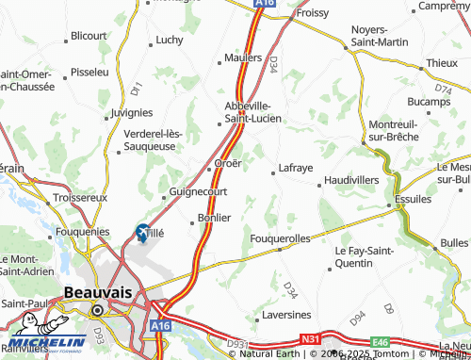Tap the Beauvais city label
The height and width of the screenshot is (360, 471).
coord(97,293)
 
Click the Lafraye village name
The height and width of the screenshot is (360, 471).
coord(294,169)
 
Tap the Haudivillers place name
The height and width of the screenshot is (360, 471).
coord(350,178)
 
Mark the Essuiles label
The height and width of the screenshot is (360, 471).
coord(413,200)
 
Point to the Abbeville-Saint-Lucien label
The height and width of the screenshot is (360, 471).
coord(248,112)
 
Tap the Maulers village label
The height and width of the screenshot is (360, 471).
coord(242,57)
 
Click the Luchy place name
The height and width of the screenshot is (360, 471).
coord(169,40)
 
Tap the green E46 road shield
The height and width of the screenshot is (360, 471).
coord(380,342)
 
